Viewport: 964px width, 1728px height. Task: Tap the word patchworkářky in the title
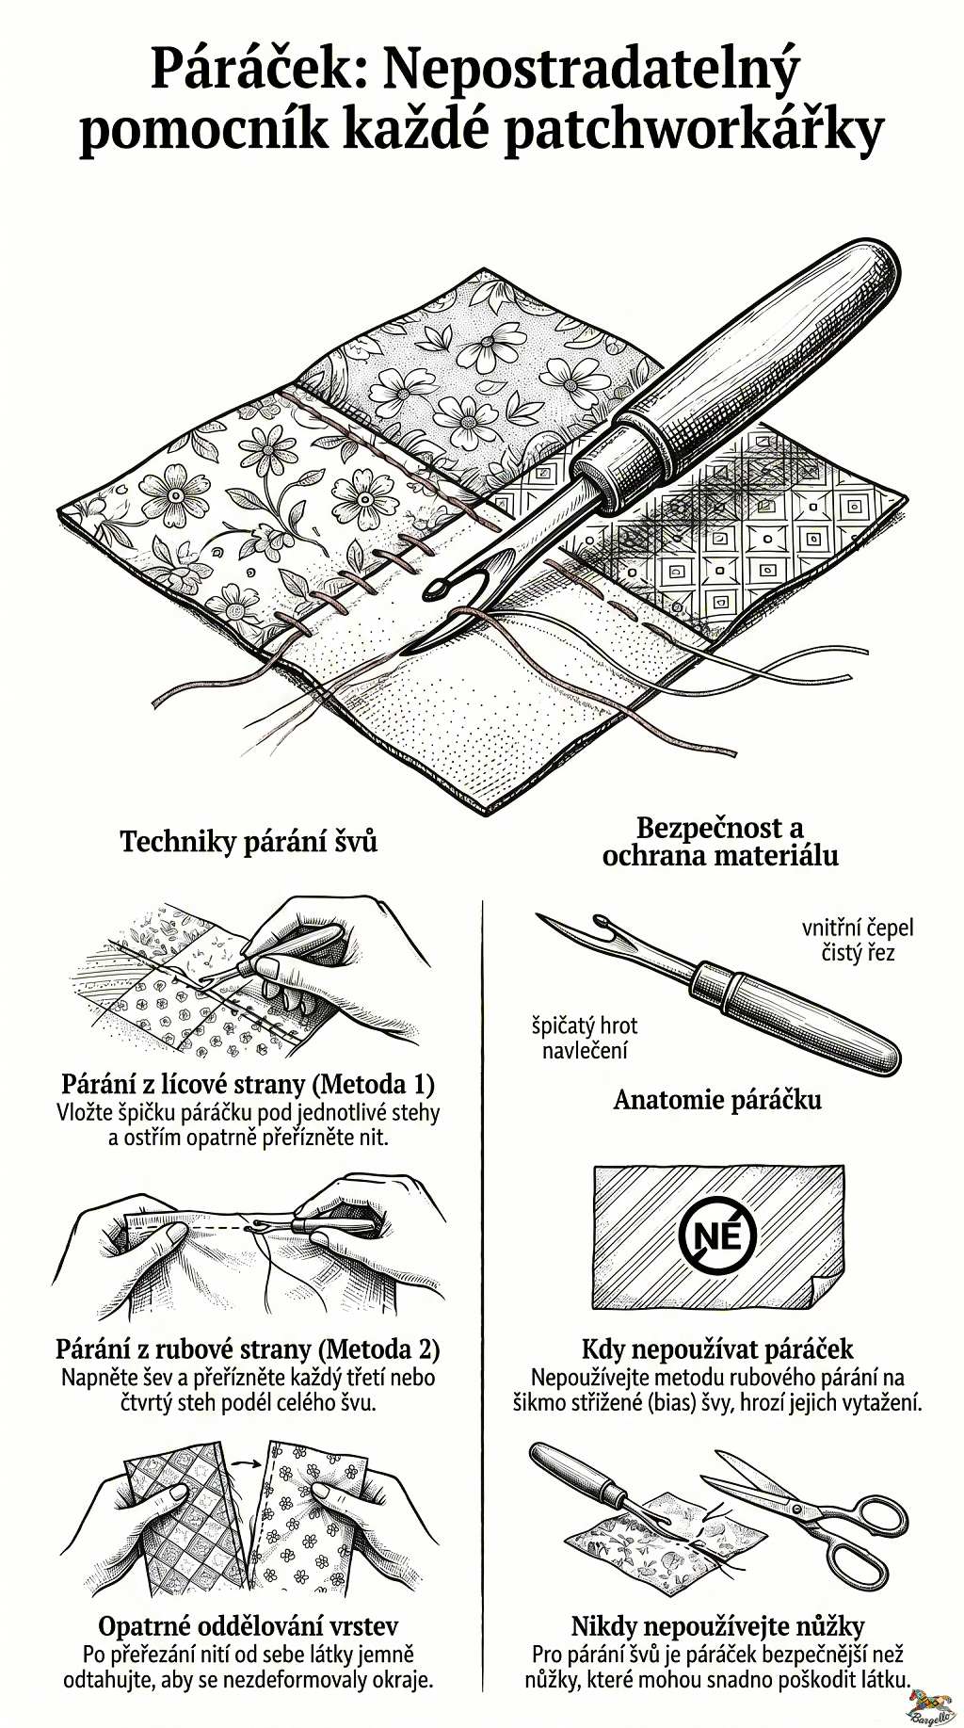point(694,131)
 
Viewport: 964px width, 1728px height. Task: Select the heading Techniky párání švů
point(249,841)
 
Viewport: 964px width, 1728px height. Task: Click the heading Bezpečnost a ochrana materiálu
point(720,842)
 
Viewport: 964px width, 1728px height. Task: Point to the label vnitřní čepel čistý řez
point(858,940)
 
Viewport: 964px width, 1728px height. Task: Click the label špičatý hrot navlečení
point(585,1038)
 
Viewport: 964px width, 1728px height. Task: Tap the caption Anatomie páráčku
point(717,1100)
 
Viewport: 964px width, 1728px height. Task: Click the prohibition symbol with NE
point(717,1235)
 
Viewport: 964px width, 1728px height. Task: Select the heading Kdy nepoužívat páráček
point(717,1348)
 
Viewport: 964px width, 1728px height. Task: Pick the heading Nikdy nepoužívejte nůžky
point(717,1626)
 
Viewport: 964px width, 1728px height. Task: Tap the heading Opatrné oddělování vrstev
point(249,1626)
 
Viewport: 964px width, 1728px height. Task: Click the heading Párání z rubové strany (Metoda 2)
point(249,1348)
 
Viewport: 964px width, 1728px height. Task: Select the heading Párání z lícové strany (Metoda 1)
point(249,1083)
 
